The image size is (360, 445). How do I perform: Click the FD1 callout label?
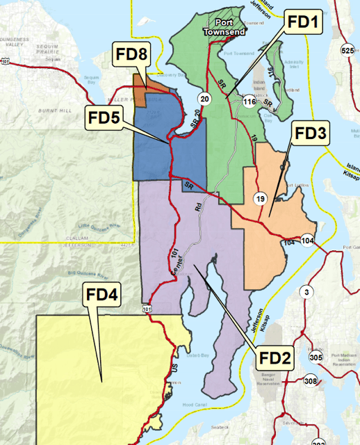tap(304, 26)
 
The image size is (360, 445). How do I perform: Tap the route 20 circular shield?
tap(203, 97)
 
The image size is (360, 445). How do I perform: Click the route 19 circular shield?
tap(260, 200)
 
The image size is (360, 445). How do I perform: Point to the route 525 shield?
tap(347, 50)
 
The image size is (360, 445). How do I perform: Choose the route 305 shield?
tap(316, 357)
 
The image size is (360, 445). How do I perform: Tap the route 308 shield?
tap(310, 380)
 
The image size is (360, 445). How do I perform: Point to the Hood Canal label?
tap(192, 404)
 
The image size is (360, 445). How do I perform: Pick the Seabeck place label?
tap(259, 427)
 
